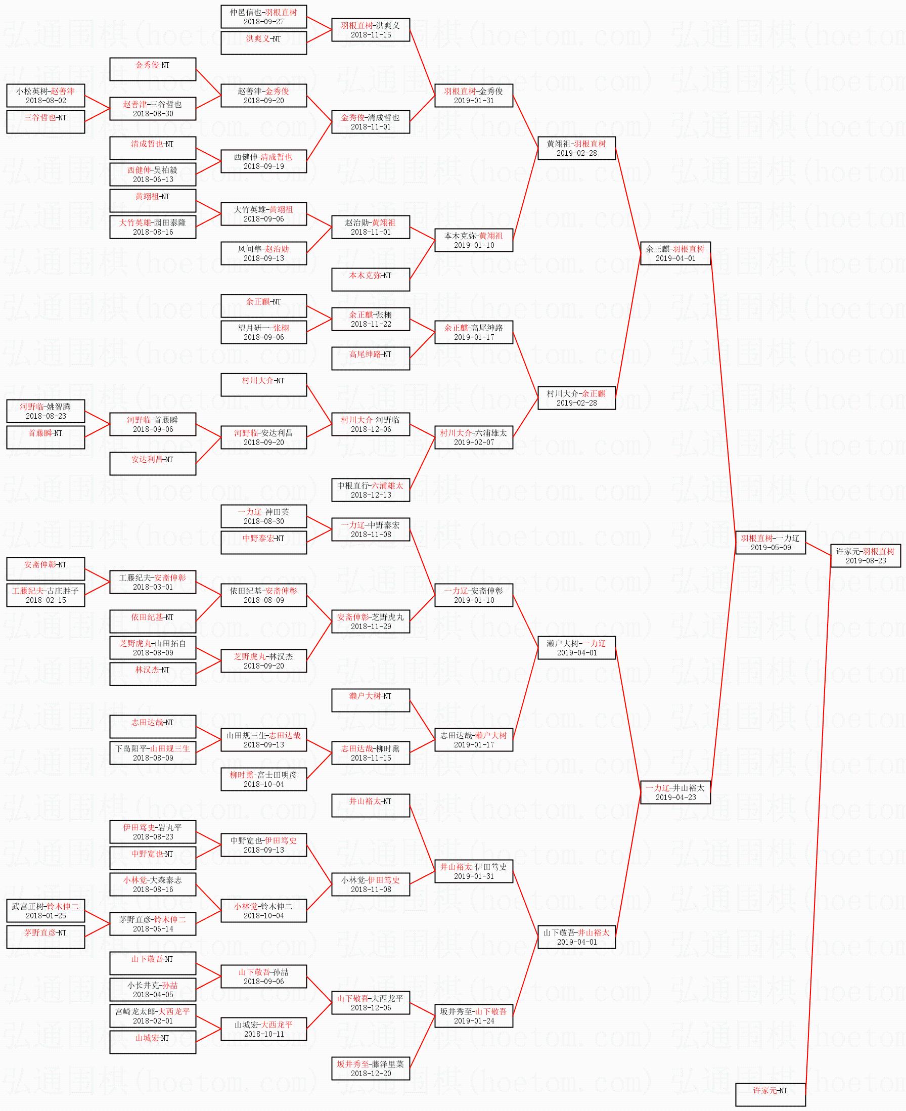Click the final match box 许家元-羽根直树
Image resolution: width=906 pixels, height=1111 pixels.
pos(865,555)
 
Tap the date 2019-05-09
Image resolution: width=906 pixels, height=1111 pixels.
pos(771,548)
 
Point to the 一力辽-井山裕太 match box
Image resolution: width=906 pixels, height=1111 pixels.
pos(675,792)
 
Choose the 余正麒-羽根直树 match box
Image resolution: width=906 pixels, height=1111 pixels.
pos(675,253)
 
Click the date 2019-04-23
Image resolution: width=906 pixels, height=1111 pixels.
pos(675,797)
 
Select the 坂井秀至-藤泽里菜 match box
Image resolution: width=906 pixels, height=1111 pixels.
pos(371,1068)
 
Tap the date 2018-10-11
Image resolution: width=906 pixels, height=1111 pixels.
pos(263,1034)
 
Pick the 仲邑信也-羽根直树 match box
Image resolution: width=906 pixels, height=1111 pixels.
pos(263,17)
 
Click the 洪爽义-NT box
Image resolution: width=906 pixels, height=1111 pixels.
pos(263,43)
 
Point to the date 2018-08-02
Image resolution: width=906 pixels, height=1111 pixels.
pos(46,101)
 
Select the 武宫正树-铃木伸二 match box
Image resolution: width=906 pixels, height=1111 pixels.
pos(46,911)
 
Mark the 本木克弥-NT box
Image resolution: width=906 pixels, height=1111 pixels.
pos(371,279)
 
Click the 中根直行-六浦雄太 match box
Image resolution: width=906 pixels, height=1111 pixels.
pos(371,490)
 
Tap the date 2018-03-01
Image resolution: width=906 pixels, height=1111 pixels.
pos(153,587)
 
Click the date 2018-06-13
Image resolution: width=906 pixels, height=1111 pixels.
pos(153,179)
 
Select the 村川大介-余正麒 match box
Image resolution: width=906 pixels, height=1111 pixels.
pos(576,398)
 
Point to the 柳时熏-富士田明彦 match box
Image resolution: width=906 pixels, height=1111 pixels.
pos(263,779)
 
